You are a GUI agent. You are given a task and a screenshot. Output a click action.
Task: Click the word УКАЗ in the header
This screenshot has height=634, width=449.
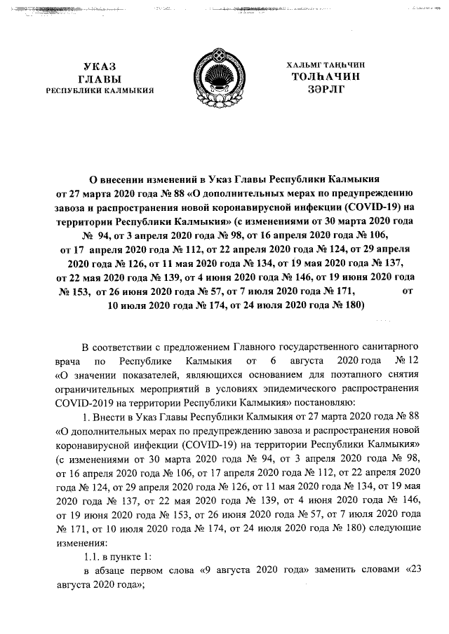pyautogui.click(x=100, y=66)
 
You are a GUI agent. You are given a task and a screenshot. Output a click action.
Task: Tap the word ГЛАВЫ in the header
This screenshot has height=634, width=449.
pyautogui.click(x=99, y=78)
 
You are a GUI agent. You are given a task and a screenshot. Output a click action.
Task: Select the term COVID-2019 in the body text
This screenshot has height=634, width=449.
pyautogui.click(x=82, y=402)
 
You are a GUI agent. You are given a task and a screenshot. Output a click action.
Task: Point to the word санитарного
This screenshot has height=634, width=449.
pyautogui.click(x=390, y=347)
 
